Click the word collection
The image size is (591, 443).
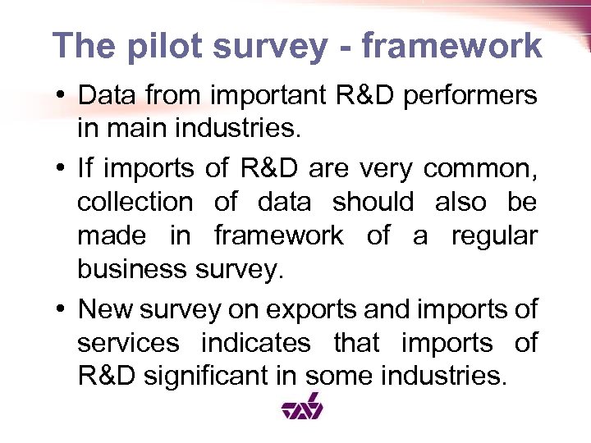pyautogui.click(x=135, y=202)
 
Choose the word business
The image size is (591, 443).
pyautogui.click(x=131, y=270)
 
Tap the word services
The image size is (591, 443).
pyautogui.click(x=128, y=343)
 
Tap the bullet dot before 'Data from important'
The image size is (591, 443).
pyautogui.click(x=63, y=96)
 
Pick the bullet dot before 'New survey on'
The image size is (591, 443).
pyautogui.click(x=63, y=309)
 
